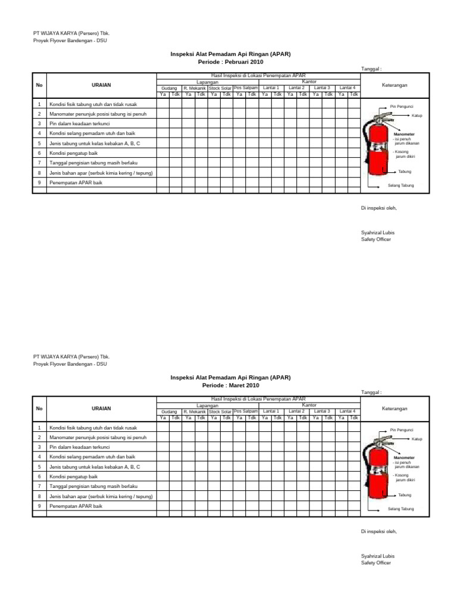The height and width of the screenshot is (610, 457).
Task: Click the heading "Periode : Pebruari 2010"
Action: tap(231, 61)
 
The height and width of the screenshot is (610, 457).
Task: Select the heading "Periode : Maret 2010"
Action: tap(231, 385)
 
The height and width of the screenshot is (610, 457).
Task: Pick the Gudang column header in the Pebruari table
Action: tap(169, 88)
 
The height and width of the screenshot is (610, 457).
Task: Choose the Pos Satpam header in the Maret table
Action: tap(245, 411)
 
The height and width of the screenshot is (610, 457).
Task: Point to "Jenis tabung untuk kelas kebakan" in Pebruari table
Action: tap(95, 143)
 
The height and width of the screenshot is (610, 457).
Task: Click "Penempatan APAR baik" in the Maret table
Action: tap(76, 506)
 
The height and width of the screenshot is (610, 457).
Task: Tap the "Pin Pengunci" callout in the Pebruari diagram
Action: tap(402, 106)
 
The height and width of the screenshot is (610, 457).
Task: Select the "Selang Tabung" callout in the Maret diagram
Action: tap(400, 509)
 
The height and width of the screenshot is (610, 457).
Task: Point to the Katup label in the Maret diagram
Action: tap(417, 438)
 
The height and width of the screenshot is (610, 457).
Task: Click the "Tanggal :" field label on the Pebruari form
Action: tap(371, 69)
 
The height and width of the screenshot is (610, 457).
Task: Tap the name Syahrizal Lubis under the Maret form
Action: tap(377, 556)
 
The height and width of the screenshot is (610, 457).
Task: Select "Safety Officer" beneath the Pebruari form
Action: tap(376, 239)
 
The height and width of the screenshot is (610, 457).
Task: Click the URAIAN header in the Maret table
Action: tap(101, 409)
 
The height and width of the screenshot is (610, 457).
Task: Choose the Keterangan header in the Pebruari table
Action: tap(394, 85)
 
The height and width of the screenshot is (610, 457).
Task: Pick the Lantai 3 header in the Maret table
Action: tap(322, 411)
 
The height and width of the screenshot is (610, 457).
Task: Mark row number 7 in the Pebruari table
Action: tap(39, 163)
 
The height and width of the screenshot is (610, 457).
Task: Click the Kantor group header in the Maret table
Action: tap(309, 405)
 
